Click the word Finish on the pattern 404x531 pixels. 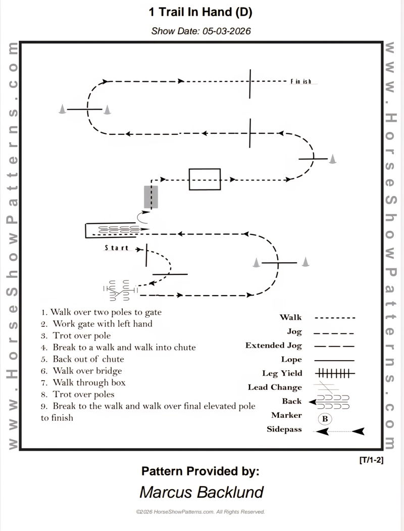(301, 81)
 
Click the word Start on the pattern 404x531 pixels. (117, 248)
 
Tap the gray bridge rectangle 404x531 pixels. (151, 197)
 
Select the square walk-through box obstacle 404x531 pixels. (205, 179)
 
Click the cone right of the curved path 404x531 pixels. (333, 160)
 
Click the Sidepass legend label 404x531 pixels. (284, 429)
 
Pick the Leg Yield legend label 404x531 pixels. (282, 373)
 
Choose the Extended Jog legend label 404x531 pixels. (273, 346)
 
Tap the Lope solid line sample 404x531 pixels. (334, 360)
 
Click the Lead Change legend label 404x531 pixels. (275, 388)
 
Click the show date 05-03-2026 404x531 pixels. (201, 31)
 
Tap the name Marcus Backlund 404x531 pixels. (201, 492)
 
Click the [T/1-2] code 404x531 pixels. (371, 460)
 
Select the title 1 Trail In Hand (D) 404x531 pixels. (200, 12)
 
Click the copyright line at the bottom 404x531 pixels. (200, 512)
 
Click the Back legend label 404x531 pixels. (291, 401)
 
